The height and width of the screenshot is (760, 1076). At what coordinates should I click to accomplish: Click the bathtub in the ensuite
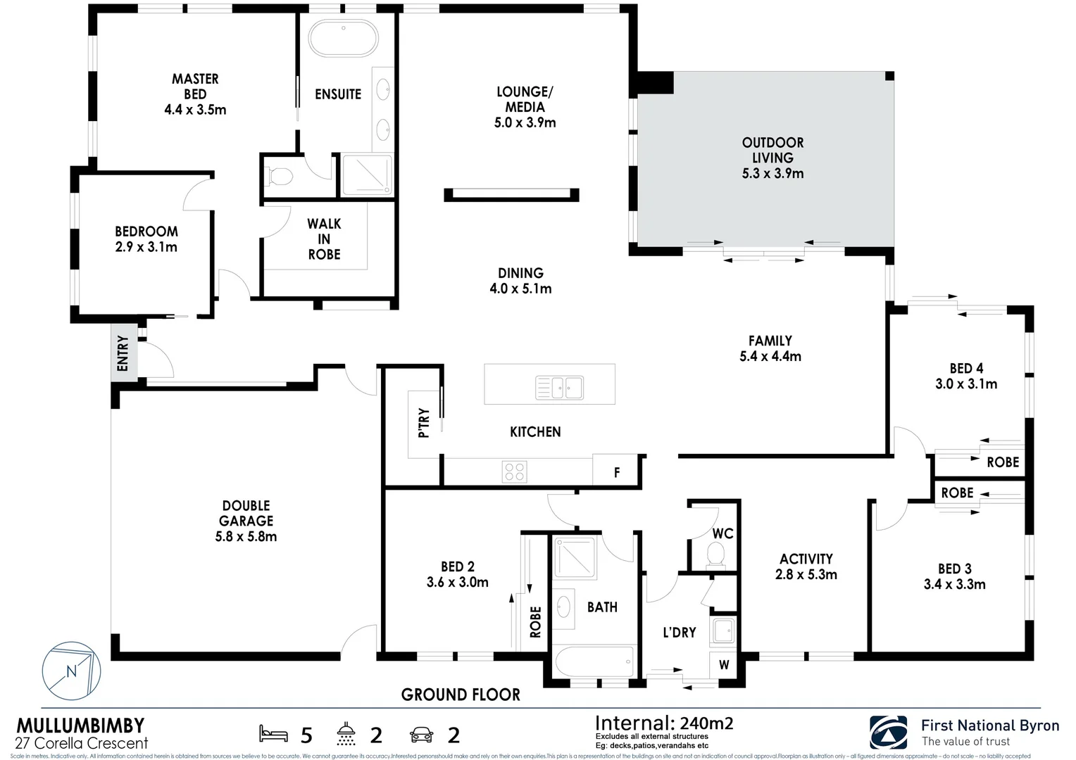tap(344, 37)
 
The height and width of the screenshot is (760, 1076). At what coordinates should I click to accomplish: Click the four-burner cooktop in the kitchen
tap(515, 471)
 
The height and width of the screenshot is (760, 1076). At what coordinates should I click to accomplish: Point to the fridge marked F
tap(617, 472)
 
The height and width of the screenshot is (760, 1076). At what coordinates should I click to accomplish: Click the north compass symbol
tap(71, 671)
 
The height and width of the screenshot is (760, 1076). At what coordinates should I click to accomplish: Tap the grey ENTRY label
tap(123, 353)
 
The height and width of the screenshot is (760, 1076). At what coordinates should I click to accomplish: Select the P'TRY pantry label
tap(424, 423)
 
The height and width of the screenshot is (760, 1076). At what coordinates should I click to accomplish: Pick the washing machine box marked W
tap(724, 664)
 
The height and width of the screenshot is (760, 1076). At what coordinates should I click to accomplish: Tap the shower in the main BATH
tap(575, 558)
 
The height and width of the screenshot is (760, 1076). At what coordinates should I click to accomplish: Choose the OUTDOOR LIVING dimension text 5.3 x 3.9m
tap(772, 174)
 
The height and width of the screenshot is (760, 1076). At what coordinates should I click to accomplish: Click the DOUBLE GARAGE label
tap(246, 513)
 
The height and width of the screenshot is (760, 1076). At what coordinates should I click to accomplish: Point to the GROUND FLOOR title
tap(461, 695)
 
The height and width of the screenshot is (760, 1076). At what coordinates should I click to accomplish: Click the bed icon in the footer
tap(274, 734)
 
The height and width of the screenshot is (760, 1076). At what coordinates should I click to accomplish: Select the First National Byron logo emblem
tap(889, 732)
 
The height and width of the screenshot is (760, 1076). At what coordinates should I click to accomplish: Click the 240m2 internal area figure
tap(706, 723)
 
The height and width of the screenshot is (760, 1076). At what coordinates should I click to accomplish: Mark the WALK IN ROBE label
tap(324, 239)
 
